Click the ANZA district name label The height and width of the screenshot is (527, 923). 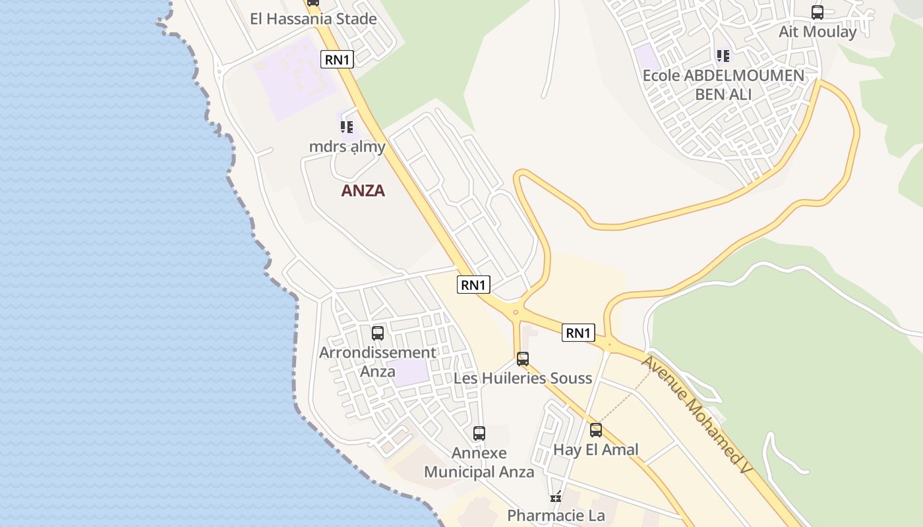tap(363, 191)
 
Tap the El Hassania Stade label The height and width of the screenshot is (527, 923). tap(313, 18)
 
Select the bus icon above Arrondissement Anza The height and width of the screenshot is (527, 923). tap(378, 333)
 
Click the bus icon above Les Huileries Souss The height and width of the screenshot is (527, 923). tap(523, 359)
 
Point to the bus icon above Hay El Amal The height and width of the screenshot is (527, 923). tap(596, 430)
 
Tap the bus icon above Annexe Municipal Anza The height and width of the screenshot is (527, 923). tap(479, 433)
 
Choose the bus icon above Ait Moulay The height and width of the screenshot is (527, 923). tap(818, 13)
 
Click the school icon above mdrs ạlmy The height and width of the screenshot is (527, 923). tap(347, 126)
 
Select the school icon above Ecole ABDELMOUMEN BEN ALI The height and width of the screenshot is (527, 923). tap(723, 56)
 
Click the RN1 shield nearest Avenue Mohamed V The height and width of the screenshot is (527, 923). tap(578, 333)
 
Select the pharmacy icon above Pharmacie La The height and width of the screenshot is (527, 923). tap(556, 496)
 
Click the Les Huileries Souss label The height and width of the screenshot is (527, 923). tap(523, 378)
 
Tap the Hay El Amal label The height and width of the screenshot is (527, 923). tap(596, 450)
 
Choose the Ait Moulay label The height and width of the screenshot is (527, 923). tap(818, 32)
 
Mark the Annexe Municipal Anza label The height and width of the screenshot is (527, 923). tap(479, 462)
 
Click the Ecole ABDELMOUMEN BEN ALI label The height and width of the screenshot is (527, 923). tap(723, 84)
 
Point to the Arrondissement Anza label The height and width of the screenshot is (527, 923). tap(378, 362)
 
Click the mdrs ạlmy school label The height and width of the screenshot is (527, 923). tap(347, 146)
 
